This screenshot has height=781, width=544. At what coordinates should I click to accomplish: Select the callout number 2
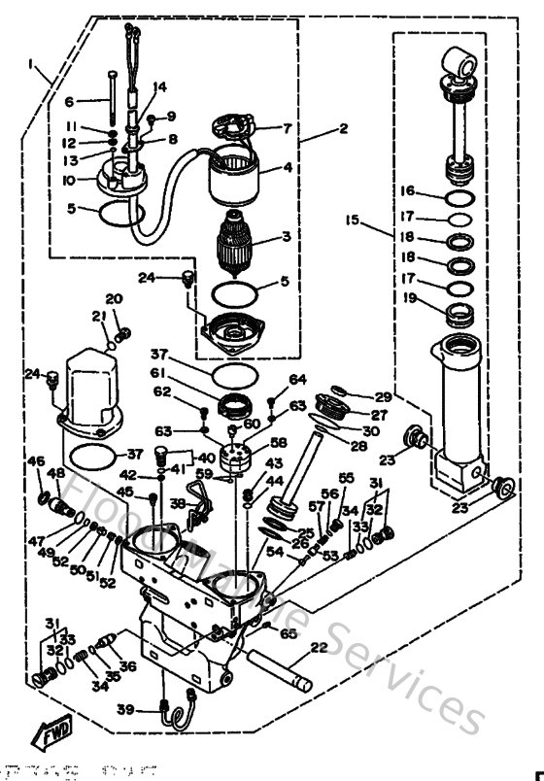pos(316,127)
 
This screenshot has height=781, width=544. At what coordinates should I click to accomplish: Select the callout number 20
pos(114,298)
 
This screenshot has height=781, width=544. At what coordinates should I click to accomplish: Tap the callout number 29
pos(383,396)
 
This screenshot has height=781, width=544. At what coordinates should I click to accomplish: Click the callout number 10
pos(67,180)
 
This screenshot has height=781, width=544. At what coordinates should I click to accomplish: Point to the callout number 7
pos(287,128)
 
